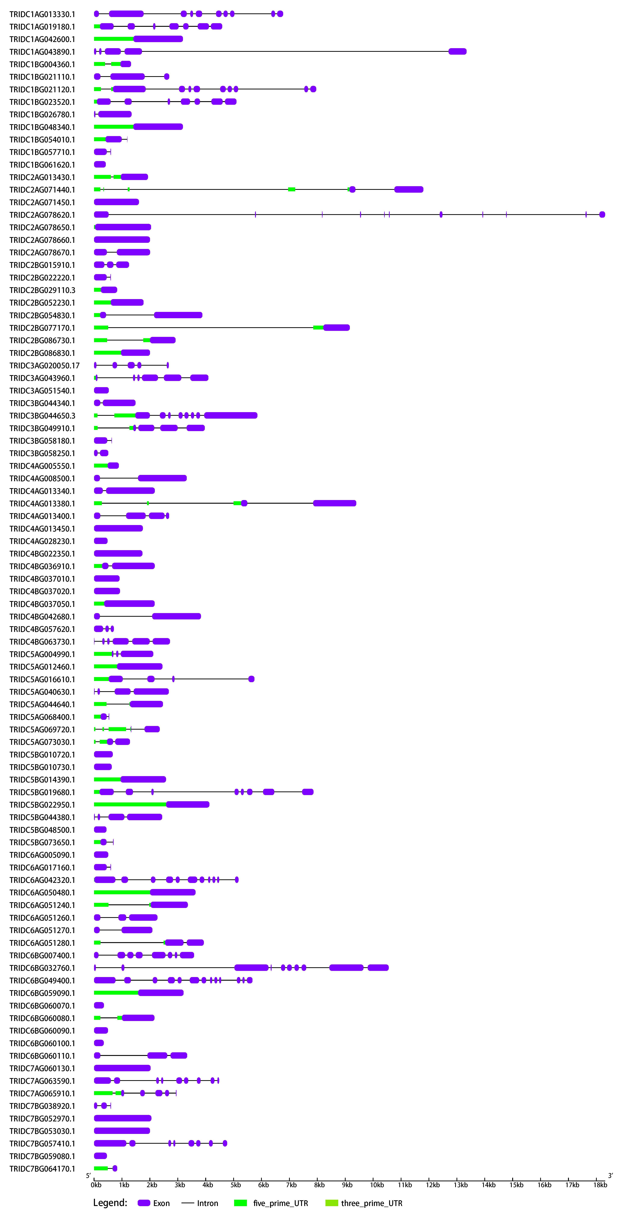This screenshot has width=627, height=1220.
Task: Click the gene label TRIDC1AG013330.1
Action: [x=42, y=14]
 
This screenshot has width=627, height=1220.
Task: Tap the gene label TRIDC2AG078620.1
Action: [x=42, y=215]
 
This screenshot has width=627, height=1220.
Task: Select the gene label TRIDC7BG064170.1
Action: [x=42, y=1169]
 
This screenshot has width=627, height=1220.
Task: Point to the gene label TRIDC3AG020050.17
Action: [x=45, y=366]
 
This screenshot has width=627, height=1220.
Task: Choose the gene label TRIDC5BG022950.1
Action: [x=42, y=805]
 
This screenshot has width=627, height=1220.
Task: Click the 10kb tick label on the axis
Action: [x=377, y=1185]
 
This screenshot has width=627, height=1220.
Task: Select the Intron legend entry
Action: [x=200, y=1203]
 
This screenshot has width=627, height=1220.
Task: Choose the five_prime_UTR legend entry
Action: [x=271, y=1203]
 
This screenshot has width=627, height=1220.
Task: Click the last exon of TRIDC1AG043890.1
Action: [x=457, y=52]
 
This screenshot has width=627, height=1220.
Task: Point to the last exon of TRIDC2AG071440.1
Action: [x=409, y=190]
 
